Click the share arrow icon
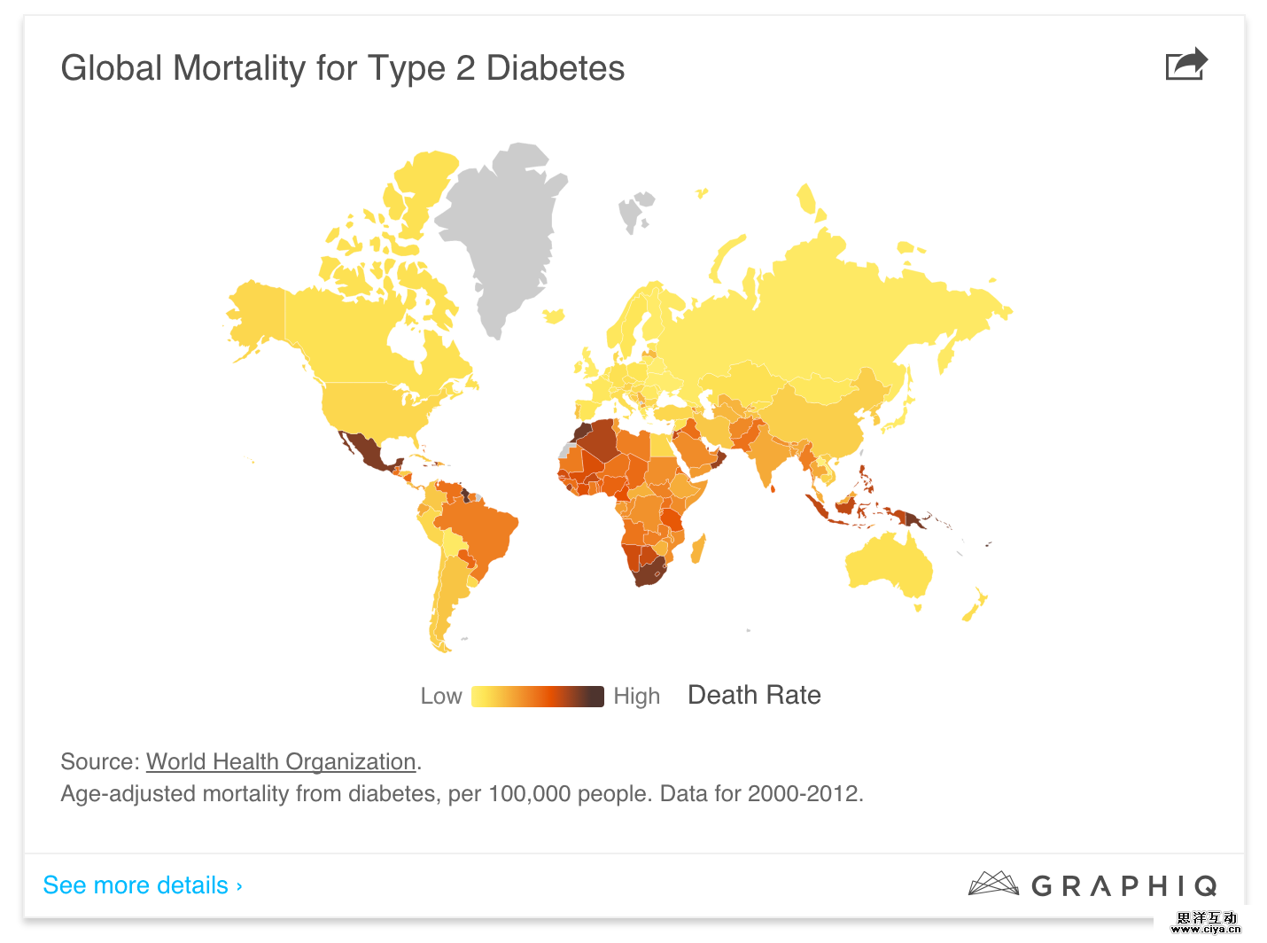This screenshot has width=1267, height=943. (x=1186, y=64)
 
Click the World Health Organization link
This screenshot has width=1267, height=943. (x=281, y=761)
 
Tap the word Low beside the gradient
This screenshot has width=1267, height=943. (x=441, y=696)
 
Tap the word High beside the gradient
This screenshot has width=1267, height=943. (x=636, y=696)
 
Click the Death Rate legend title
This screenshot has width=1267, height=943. (x=754, y=695)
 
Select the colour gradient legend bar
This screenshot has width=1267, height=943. (x=537, y=696)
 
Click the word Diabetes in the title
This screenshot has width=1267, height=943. (x=556, y=68)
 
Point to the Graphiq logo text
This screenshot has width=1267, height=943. (x=1123, y=885)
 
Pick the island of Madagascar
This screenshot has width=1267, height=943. (x=698, y=549)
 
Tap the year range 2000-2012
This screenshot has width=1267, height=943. (x=804, y=793)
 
